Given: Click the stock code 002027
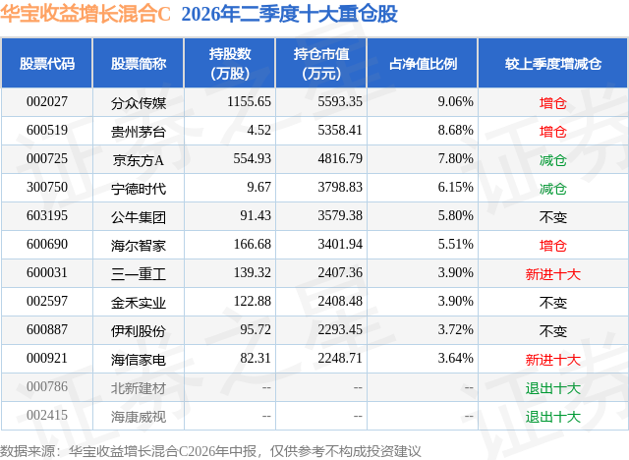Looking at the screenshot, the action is (x=47, y=102).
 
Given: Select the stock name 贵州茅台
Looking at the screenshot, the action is (x=139, y=132).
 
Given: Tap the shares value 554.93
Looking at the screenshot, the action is (x=252, y=159).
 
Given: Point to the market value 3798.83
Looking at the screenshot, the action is (x=340, y=188).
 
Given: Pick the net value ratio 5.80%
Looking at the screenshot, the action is (x=455, y=216).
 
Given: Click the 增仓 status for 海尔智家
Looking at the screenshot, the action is (x=552, y=246).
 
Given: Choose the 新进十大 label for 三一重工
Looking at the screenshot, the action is (x=552, y=274).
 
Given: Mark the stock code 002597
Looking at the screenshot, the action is (x=47, y=301).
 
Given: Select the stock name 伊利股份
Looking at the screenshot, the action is (x=139, y=331).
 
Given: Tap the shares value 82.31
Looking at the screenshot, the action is (x=256, y=358).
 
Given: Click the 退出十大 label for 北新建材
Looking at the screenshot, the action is (x=552, y=388).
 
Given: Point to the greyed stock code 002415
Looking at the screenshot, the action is (x=47, y=415).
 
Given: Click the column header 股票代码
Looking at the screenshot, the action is (x=47, y=64).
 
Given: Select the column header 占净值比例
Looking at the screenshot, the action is (x=423, y=64).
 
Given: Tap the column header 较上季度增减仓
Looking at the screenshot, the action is (x=552, y=64).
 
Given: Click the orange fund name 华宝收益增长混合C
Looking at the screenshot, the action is (x=86, y=14).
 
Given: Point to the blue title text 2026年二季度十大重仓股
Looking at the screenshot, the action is (x=290, y=14).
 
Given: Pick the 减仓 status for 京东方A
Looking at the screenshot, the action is (x=552, y=160).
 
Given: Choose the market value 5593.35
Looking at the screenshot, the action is (x=340, y=102).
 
